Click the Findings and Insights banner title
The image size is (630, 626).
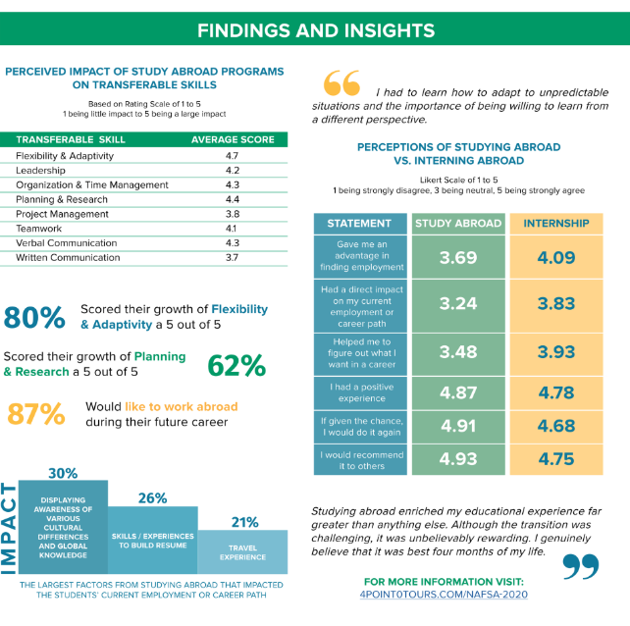(x=315, y=29)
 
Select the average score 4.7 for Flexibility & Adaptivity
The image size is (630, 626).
(x=232, y=155)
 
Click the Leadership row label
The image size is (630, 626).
(x=42, y=170)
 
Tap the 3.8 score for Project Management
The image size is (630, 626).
(x=232, y=214)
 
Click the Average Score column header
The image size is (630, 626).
(x=232, y=139)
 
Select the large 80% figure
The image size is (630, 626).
(x=34, y=317)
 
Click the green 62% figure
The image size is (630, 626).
(x=236, y=365)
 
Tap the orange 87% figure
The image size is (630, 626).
(x=36, y=414)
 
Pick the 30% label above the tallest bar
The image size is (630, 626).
(x=62, y=472)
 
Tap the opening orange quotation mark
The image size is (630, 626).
(x=341, y=81)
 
